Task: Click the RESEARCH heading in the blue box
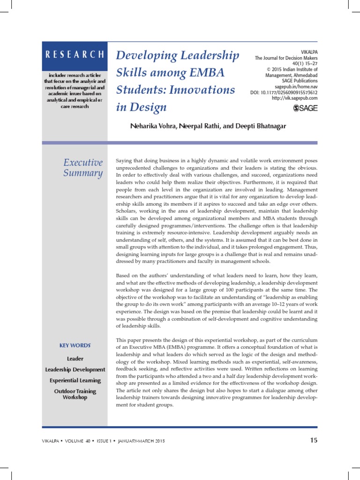pyautogui.click(x=75, y=54)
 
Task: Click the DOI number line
pyautogui.click(x=284, y=92)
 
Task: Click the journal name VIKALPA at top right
pyautogui.click(x=308, y=52)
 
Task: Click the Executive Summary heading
pyautogui.click(x=83, y=168)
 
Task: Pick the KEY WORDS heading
pyautogui.click(x=75, y=345)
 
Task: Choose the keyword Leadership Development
pyautogui.click(x=75, y=370)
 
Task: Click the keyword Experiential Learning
pyautogui.click(x=75, y=380)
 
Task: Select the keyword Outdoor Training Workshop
pyautogui.click(x=75, y=394)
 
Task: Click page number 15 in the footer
pyautogui.click(x=314, y=440)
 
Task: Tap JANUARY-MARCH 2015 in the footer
pyautogui.click(x=141, y=441)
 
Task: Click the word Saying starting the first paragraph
pyautogui.click(x=124, y=161)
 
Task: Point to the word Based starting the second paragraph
pyautogui.click(x=124, y=276)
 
